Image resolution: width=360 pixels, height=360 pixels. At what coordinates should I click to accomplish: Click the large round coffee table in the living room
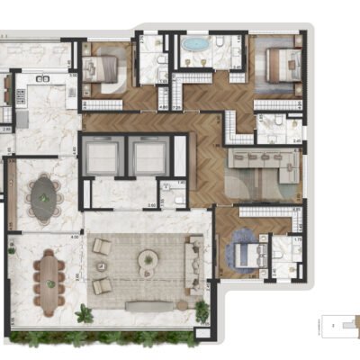(x=146, y=260)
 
